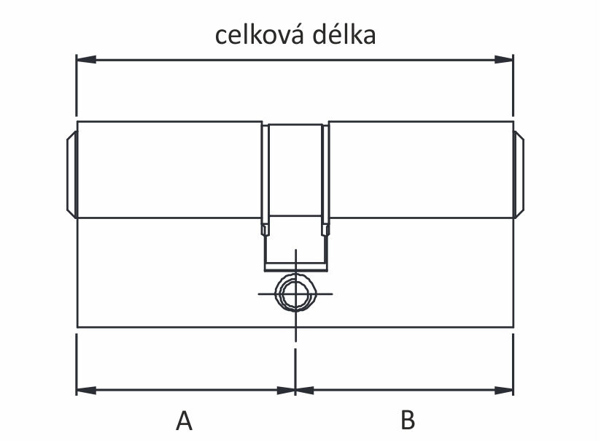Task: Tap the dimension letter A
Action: [x=185, y=421]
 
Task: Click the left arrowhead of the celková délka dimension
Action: [x=85, y=59]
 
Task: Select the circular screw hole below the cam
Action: [x=295, y=294]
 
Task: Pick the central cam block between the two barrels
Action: [x=295, y=172]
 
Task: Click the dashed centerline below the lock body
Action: [x=295, y=358]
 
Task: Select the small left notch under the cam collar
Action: [x=264, y=229]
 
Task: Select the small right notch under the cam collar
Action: [x=325, y=229]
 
